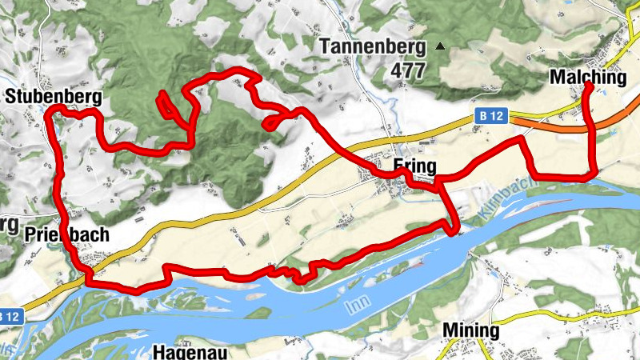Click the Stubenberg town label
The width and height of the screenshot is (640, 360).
[53, 97]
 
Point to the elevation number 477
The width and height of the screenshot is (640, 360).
[408, 70]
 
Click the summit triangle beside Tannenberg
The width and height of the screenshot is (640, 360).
[438, 46]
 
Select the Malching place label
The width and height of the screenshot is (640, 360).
[588, 78]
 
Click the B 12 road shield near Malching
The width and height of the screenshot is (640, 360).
[493, 116]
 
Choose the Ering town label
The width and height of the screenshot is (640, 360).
[414, 166]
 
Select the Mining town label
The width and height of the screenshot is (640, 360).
[471, 330]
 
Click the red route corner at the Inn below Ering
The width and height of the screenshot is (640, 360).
[454, 232]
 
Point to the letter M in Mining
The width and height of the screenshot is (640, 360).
[450, 330]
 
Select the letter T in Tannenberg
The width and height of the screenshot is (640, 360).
[326, 46]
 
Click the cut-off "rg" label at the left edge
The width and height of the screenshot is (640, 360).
[8, 224]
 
